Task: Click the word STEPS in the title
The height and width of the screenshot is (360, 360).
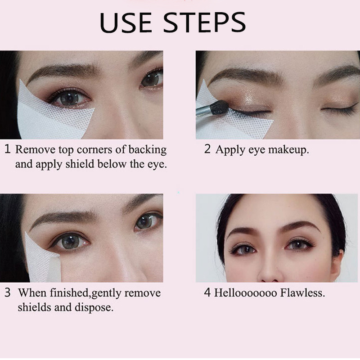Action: pos(204,22)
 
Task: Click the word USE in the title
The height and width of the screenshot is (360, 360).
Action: pos(126,22)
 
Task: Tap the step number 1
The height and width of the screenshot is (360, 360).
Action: pos(8,149)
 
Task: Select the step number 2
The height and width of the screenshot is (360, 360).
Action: pos(207,149)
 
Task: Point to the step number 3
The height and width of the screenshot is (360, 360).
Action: pos(8,292)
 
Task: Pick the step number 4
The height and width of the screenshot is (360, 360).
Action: pos(207,292)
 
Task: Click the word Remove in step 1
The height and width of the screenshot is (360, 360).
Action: pos(36,149)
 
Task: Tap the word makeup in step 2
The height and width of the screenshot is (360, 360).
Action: pos(288,150)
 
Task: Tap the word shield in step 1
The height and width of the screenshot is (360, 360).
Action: pos(80,164)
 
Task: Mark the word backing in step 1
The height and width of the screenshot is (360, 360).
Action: pos(148,150)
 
